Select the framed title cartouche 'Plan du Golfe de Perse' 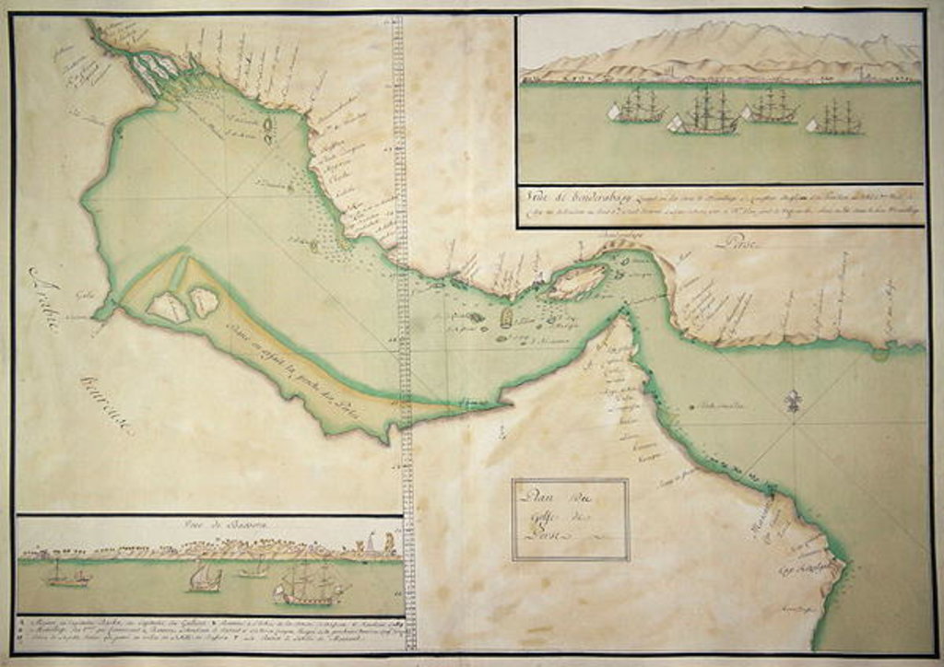click(571, 519)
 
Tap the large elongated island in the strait click(577, 281)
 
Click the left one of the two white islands click(169, 307)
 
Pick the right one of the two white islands click(204, 300)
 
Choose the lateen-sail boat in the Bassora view click(205, 578)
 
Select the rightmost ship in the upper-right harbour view click(835, 118)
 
